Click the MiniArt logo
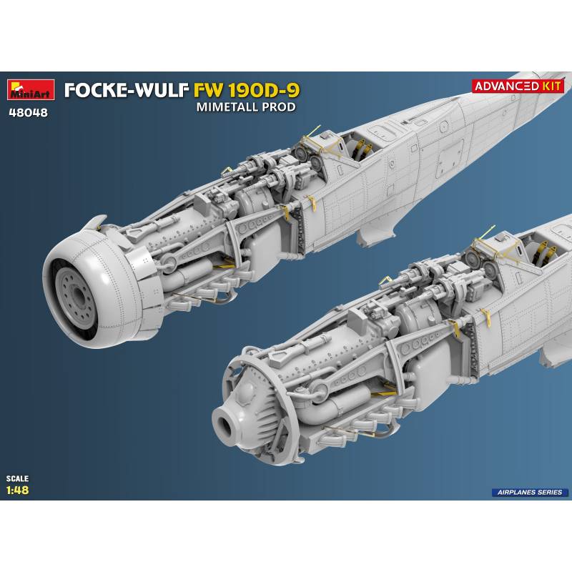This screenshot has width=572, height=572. [x=31, y=90]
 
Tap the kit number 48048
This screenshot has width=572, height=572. [x=28, y=113]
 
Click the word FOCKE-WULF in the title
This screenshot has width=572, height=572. [x=127, y=91]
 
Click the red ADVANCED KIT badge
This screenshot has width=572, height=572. [x=518, y=87]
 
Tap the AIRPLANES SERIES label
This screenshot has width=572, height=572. [x=530, y=492]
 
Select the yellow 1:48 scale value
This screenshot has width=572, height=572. [x=17, y=490]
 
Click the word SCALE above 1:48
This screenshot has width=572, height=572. [x=17, y=478]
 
